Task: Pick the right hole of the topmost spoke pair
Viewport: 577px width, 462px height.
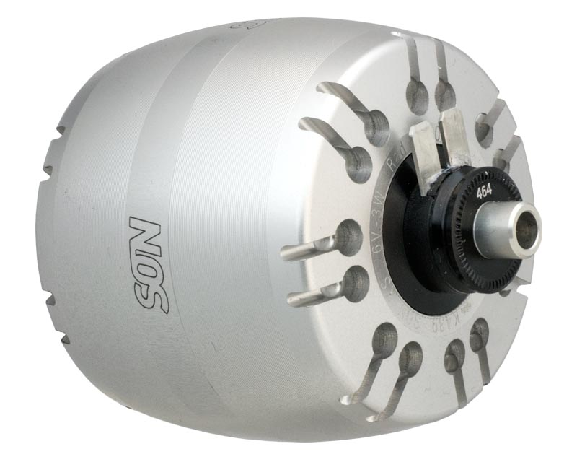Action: coord(445,95)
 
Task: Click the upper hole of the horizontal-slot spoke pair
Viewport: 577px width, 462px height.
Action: coord(348,235)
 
